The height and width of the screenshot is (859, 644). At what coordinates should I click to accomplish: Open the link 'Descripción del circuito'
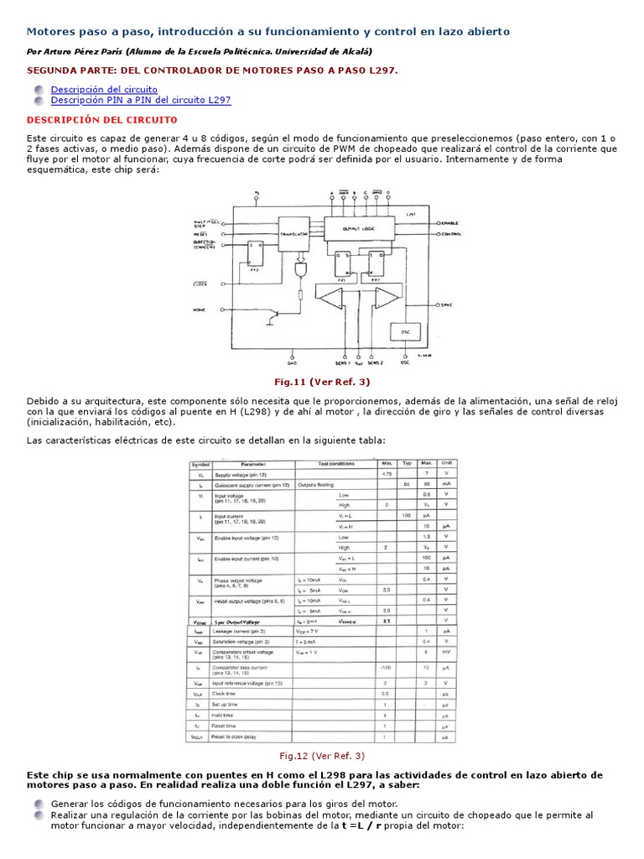(x=104, y=89)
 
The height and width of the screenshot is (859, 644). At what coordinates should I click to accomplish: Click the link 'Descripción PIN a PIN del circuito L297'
(x=140, y=100)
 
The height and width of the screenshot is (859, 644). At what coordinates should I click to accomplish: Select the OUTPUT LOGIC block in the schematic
(x=362, y=227)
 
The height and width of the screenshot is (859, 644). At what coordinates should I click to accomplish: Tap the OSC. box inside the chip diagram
(x=405, y=332)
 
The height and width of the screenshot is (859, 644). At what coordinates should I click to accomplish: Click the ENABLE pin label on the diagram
(x=451, y=222)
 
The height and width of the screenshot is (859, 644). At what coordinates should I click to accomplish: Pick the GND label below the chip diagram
(x=292, y=363)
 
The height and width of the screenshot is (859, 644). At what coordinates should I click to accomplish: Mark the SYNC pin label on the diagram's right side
(x=446, y=305)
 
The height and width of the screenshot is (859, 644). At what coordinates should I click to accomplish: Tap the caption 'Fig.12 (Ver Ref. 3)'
(x=322, y=756)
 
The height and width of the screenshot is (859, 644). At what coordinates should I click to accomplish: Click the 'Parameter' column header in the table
(x=253, y=463)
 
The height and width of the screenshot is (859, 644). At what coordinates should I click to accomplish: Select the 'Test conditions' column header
(x=335, y=463)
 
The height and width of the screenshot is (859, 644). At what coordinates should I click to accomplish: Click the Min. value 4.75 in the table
(x=387, y=474)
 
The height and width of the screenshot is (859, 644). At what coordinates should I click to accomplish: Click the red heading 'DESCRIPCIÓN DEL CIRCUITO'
(x=102, y=120)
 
